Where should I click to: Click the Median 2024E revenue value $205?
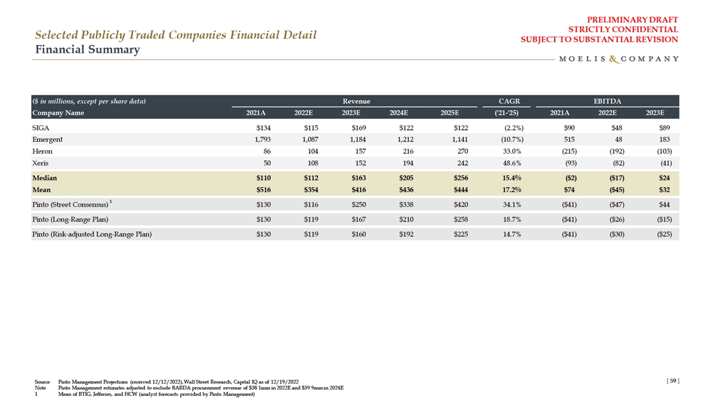(x=405, y=178)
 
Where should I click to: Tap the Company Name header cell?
(x=58, y=112)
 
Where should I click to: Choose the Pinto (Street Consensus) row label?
(x=71, y=205)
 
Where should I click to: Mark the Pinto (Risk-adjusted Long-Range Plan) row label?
(x=92, y=234)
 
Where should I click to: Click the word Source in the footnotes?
(x=42, y=382)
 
